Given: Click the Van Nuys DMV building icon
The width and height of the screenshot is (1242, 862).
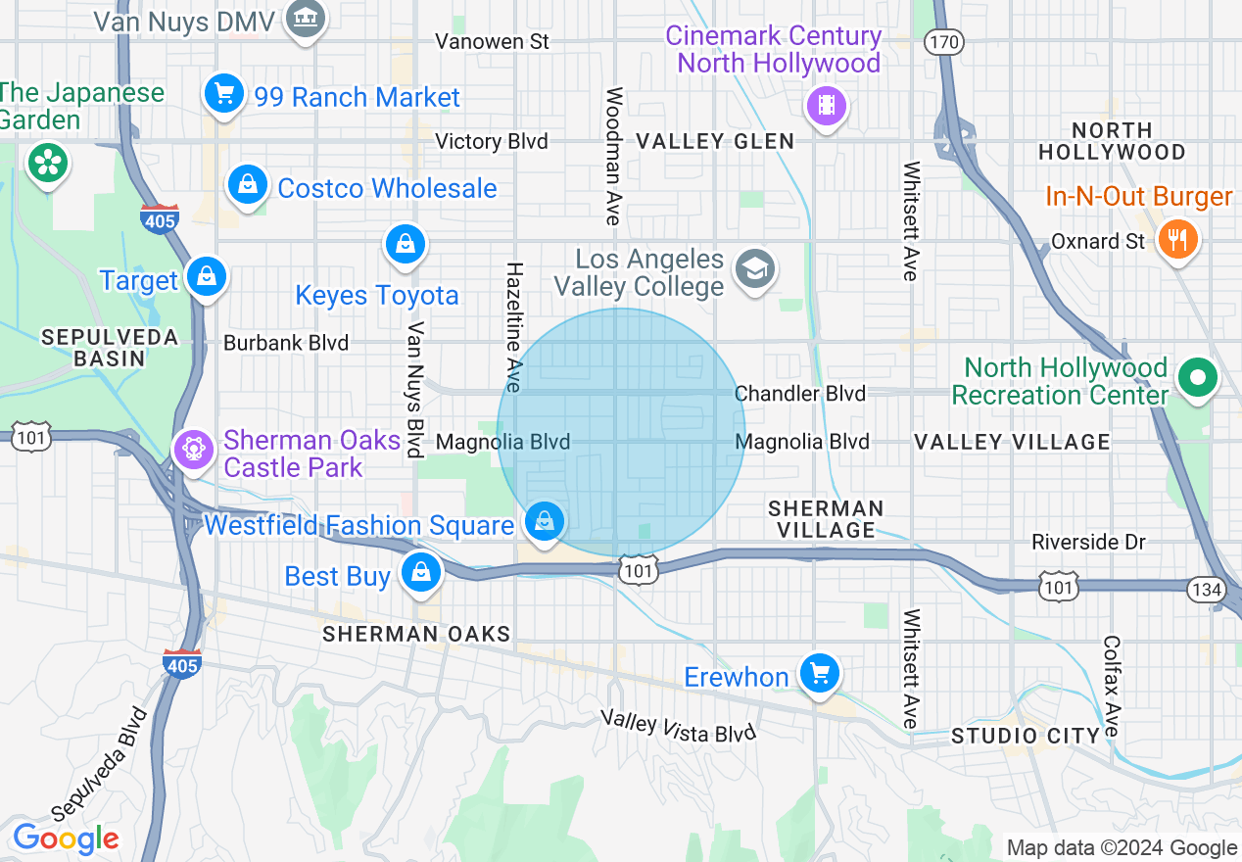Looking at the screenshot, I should pyautogui.click(x=306, y=19).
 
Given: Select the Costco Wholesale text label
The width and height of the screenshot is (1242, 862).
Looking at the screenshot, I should pyautogui.click(x=387, y=188).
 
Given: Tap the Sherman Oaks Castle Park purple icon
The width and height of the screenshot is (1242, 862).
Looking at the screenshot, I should pyautogui.click(x=194, y=450).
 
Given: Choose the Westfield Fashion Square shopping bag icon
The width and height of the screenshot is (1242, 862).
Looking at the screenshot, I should pyautogui.click(x=545, y=522).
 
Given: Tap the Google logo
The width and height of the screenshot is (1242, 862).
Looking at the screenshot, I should pyautogui.click(x=66, y=838).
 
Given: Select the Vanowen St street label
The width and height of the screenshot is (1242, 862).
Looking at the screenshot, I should pyautogui.click(x=493, y=41).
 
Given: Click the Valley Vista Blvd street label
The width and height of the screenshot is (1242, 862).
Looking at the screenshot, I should pyautogui.click(x=679, y=726).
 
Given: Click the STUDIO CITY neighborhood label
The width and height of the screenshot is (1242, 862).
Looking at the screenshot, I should pyautogui.click(x=1025, y=736).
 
